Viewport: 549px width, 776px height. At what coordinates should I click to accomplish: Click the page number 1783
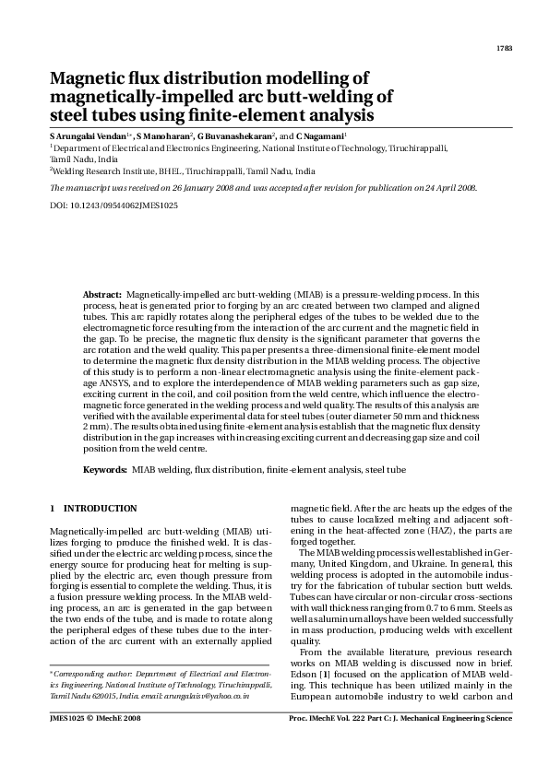pyautogui.click(x=504, y=48)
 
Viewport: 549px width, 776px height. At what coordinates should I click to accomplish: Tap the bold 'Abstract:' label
pyautogui.click(x=101, y=290)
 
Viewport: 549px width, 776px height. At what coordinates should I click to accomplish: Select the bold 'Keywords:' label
pyautogui.click(x=104, y=470)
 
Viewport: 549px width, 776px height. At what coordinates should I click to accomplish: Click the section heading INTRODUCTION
pyautogui.click(x=100, y=508)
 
